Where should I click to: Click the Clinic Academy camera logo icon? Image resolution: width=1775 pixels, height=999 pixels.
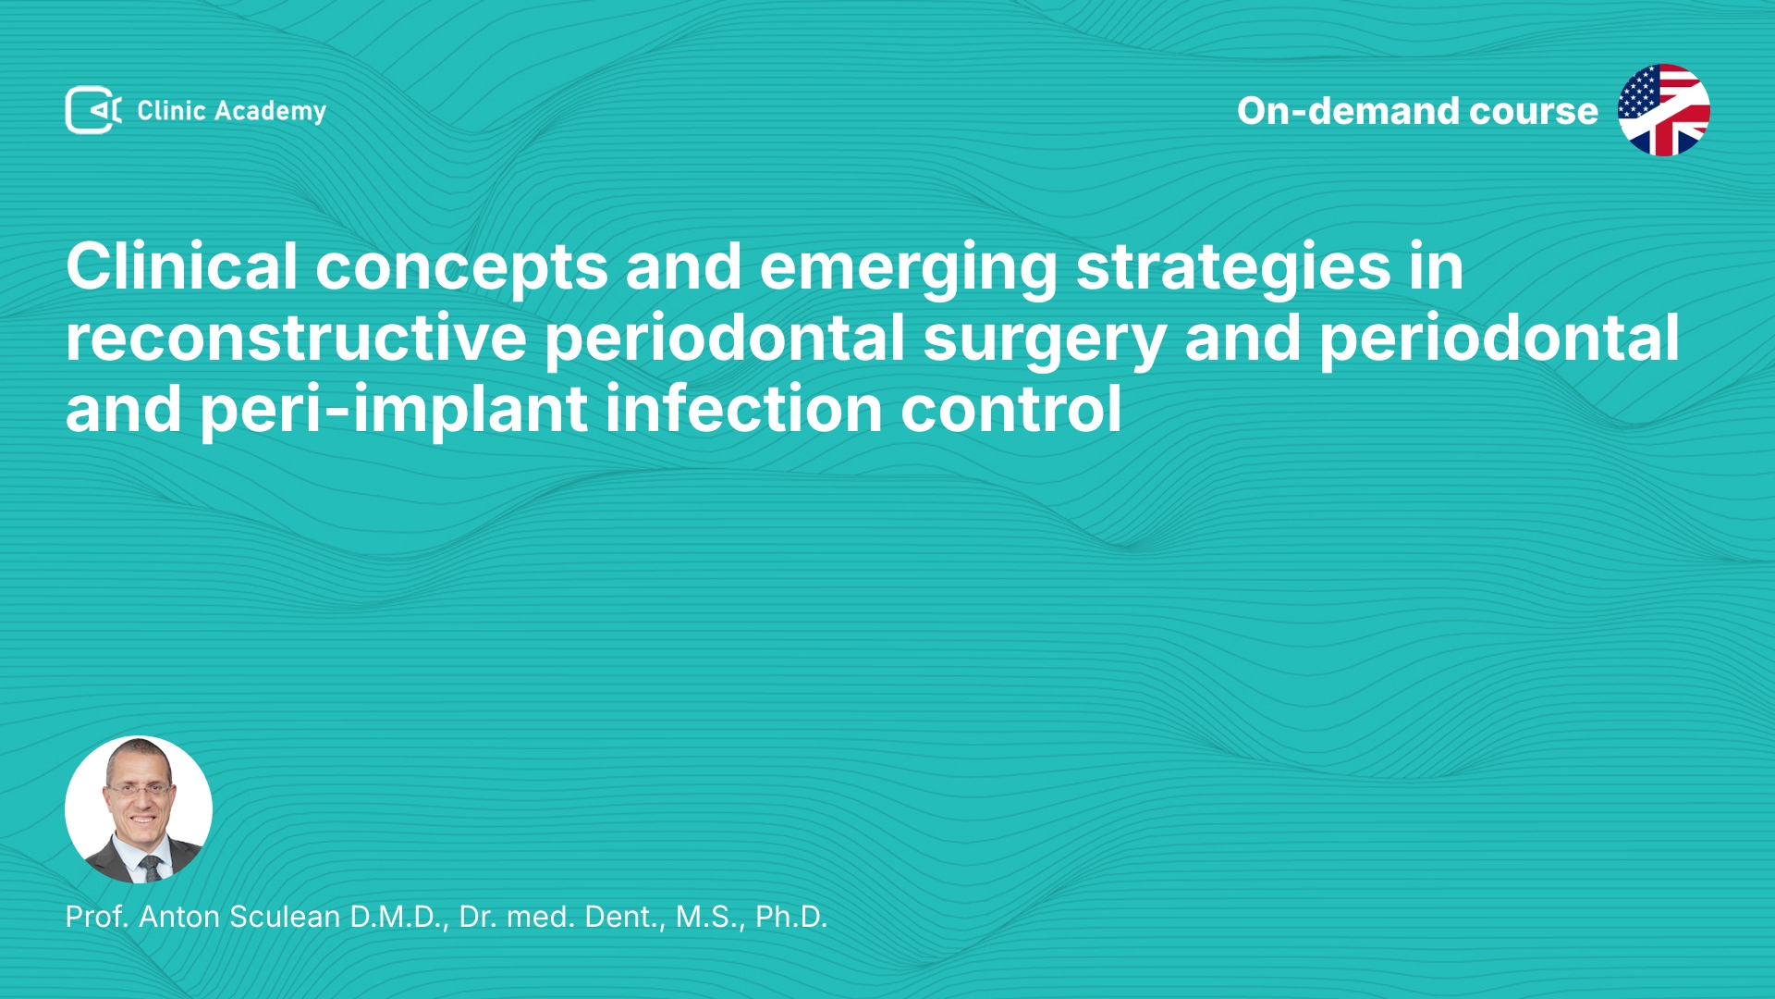coord(93,110)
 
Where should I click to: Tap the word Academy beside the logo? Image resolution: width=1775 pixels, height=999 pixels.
coord(270,112)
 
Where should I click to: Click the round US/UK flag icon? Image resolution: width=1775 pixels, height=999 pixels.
coord(1663,110)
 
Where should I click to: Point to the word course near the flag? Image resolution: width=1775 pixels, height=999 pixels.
coord(1534,112)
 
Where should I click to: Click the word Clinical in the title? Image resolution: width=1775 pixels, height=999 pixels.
coord(182,266)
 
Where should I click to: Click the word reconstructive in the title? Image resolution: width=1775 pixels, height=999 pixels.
coord(296,338)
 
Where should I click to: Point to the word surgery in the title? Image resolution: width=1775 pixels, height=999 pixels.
coord(1045,341)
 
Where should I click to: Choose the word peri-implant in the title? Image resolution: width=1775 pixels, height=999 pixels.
coord(394,411)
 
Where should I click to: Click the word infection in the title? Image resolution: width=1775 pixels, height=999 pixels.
coord(744,409)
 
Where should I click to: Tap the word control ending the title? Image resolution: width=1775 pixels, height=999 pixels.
coord(1011,409)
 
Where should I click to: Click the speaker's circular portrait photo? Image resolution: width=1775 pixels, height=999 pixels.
coord(139,809)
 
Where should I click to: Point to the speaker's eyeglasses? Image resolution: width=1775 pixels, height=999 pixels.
coord(139,790)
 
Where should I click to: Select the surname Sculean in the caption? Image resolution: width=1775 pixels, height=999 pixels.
coord(285,917)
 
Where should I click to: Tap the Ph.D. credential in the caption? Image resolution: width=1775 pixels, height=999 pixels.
coord(791,917)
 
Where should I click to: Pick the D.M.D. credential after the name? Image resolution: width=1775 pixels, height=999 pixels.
coord(399,917)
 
